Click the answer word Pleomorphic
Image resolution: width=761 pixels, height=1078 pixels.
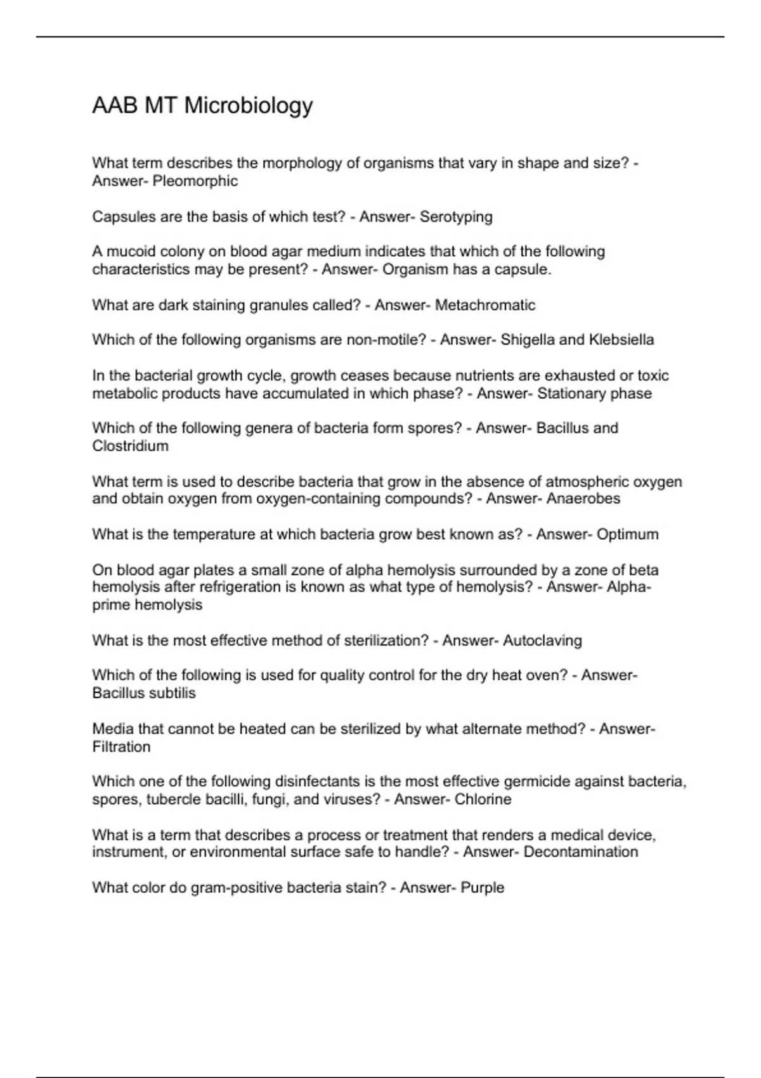[195, 181]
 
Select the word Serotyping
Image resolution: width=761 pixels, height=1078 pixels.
[456, 217]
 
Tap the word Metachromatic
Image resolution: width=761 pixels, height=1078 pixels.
[485, 305]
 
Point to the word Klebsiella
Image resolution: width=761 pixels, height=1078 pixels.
[621, 340]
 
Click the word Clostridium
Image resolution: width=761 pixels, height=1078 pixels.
[130, 446]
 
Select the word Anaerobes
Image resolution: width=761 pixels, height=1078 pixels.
[583, 499]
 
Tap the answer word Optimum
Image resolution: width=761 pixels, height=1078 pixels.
[628, 535]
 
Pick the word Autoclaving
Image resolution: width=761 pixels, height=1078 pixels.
[542, 640]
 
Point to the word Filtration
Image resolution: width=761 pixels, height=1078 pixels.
[121, 747]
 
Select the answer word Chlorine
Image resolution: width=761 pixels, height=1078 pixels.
[483, 799]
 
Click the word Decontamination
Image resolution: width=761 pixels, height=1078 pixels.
[581, 852]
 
